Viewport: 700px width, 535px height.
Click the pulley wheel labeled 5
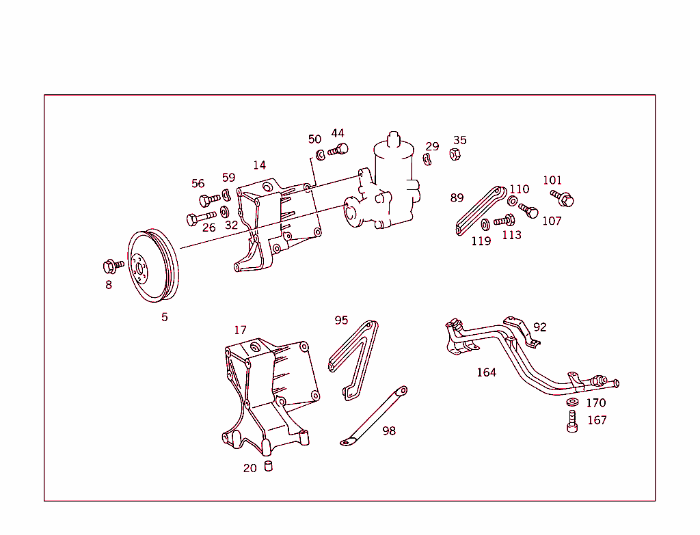153,266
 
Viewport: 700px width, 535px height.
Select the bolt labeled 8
112,264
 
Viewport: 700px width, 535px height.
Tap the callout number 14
259,165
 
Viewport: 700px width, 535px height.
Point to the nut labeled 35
454,154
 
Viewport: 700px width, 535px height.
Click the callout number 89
457,198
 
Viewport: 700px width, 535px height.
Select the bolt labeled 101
565,198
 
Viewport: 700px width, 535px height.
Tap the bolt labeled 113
504,220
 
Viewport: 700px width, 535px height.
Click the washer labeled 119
485,224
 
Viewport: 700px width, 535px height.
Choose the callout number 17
240,330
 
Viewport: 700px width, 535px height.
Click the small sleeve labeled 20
269,467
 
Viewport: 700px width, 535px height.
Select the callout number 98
389,431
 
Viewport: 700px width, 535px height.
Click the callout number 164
486,372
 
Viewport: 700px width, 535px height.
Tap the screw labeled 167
572,422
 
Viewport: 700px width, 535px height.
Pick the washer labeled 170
572,402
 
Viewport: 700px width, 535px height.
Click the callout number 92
540,327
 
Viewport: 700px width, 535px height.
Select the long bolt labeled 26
199,219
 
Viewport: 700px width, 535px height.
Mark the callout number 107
552,221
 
